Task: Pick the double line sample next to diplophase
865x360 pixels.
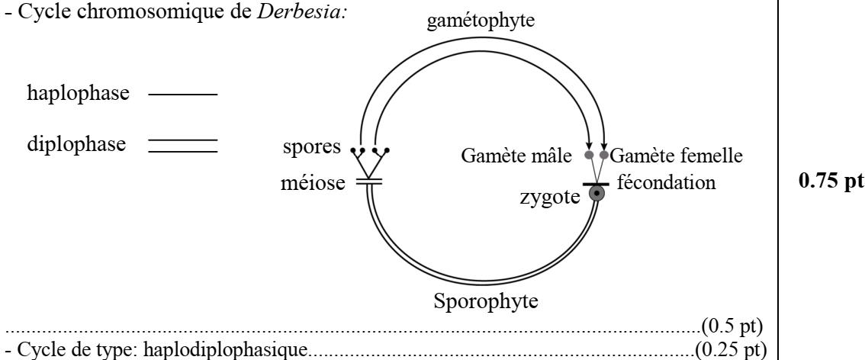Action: [183, 145]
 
